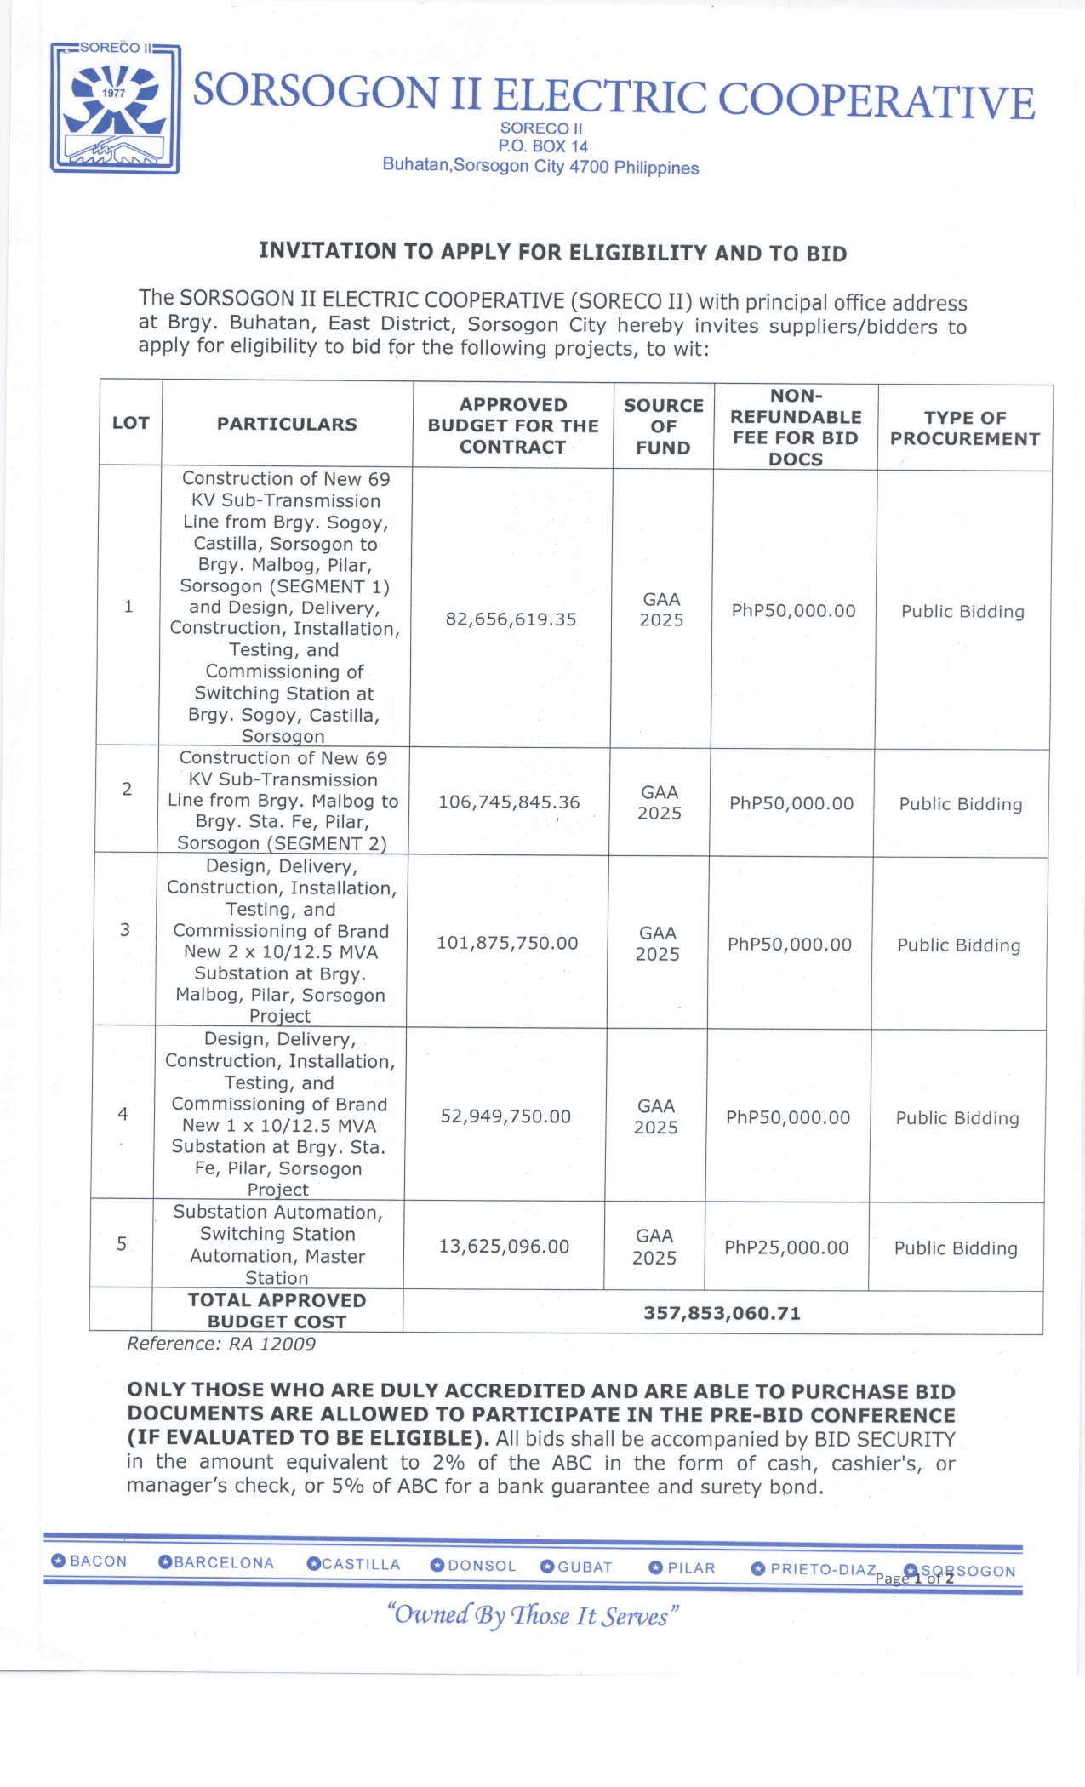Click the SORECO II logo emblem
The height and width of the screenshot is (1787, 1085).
click(115, 108)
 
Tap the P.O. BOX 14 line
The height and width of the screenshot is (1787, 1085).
click(543, 146)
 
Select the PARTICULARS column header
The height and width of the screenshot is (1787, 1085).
click(287, 424)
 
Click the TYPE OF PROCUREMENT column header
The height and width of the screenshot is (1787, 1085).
click(965, 428)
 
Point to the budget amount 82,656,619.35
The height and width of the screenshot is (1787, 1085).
click(511, 619)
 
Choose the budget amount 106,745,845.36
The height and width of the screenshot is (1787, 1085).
click(509, 802)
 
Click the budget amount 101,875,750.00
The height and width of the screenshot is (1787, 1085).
click(507, 943)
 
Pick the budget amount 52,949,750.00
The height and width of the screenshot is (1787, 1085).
click(505, 1116)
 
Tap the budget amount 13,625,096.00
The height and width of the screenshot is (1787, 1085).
click(504, 1247)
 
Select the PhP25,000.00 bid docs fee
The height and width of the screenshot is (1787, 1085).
click(786, 1248)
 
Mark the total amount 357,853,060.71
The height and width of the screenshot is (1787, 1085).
click(722, 1313)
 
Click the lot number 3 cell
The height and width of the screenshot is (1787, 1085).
click(125, 929)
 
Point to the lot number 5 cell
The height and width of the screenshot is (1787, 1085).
click(122, 1244)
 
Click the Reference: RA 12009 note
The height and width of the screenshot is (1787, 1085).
click(221, 1344)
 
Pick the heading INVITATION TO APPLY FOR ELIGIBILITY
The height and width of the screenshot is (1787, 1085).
click(552, 252)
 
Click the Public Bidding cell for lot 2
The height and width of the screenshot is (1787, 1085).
click(961, 804)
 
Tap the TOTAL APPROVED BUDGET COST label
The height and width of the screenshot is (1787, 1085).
click(277, 1310)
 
